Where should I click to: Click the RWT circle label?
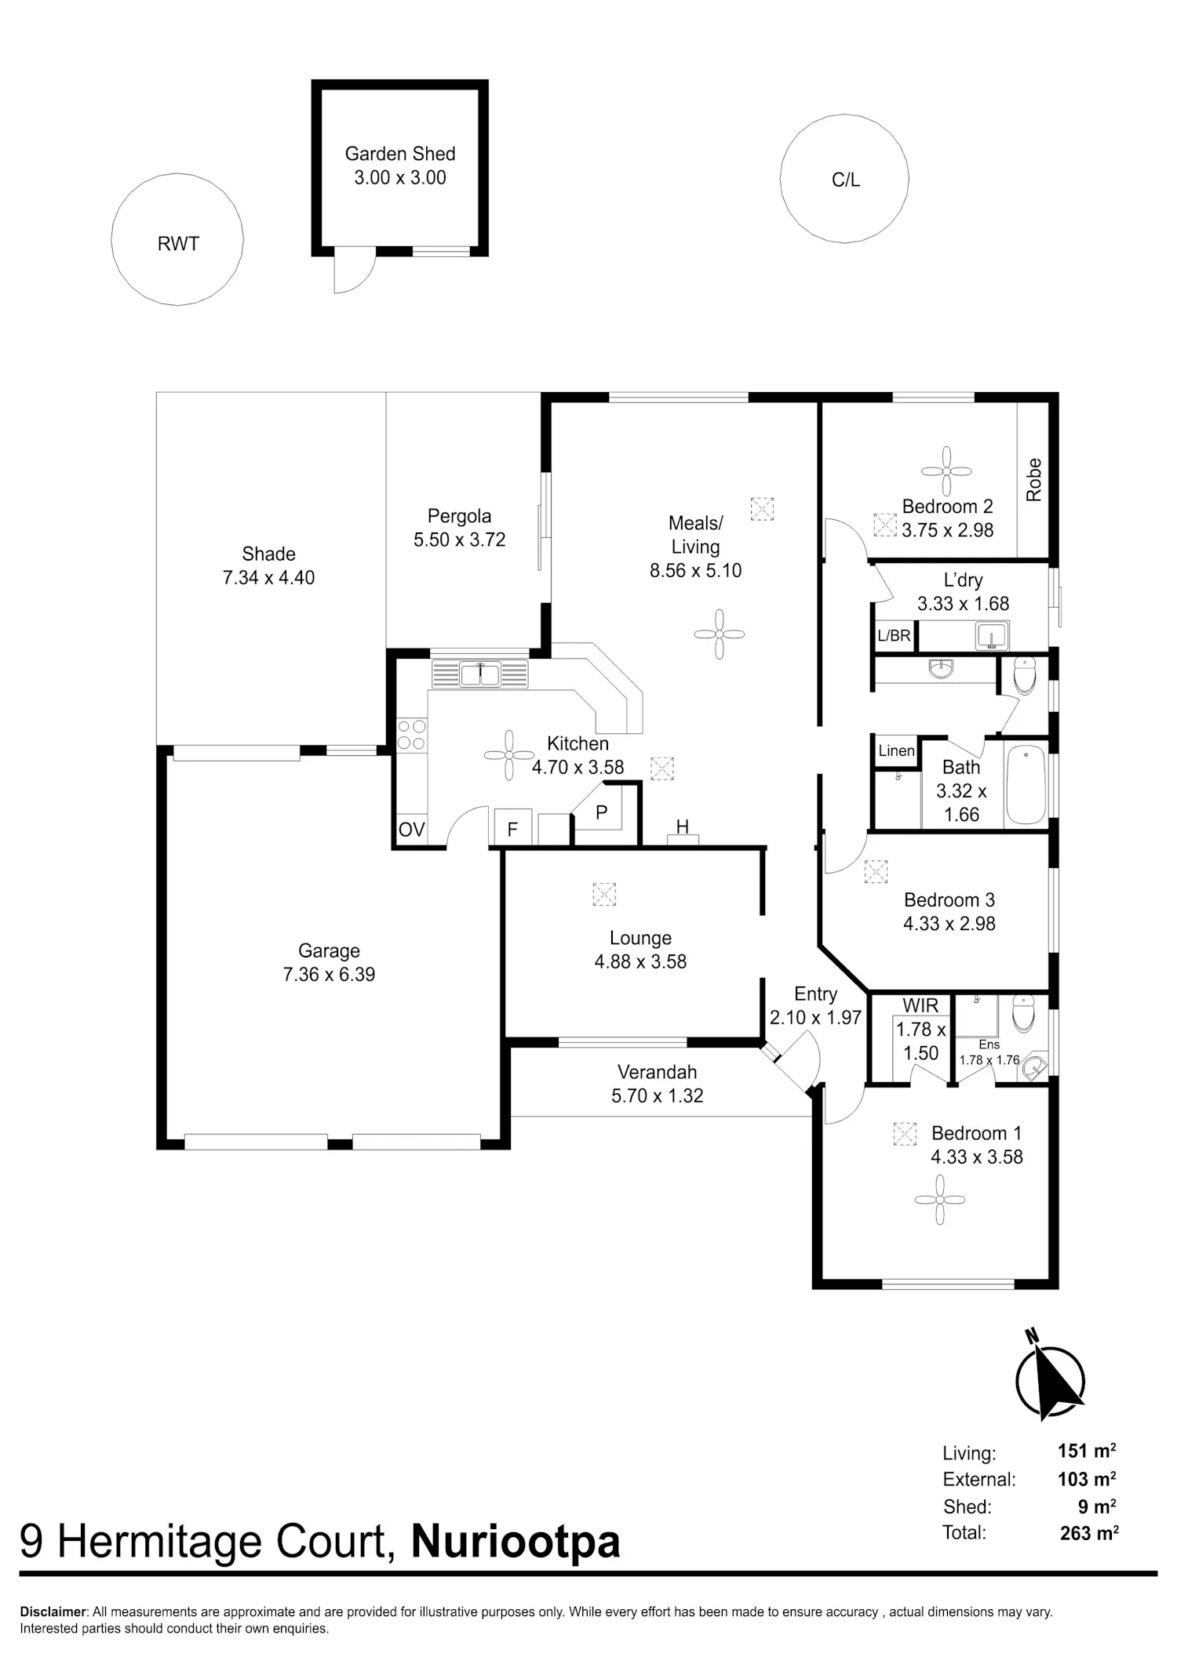pyautogui.click(x=178, y=244)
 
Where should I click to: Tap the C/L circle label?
pyautogui.click(x=846, y=180)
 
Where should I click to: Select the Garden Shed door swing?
pyautogui.click(x=355, y=270)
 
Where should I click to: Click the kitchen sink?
pyautogui.click(x=479, y=674)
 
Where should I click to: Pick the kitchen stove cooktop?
pyautogui.click(x=411, y=735)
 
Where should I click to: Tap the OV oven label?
pyautogui.click(x=411, y=830)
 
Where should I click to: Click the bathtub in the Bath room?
pyautogui.click(x=1025, y=784)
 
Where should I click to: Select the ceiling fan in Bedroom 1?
pyautogui.click(x=939, y=1200)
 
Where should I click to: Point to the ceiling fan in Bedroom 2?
pyautogui.click(x=946, y=471)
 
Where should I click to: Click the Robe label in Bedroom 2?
pyautogui.click(x=1034, y=480)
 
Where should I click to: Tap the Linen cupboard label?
pyautogui.click(x=896, y=750)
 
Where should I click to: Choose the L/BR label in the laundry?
pyautogui.click(x=894, y=635)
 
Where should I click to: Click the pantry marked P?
pyautogui.click(x=601, y=812)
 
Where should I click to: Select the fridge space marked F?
pyautogui.click(x=512, y=828)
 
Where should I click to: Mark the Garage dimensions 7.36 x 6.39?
pyautogui.click(x=329, y=975)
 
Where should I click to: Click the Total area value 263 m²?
pyautogui.click(x=1089, y=1532)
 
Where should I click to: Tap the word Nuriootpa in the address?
pyautogui.click(x=516, y=1541)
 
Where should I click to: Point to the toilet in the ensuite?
pyautogui.click(x=1024, y=1013)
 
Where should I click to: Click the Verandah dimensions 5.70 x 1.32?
pyautogui.click(x=658, y=1095)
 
